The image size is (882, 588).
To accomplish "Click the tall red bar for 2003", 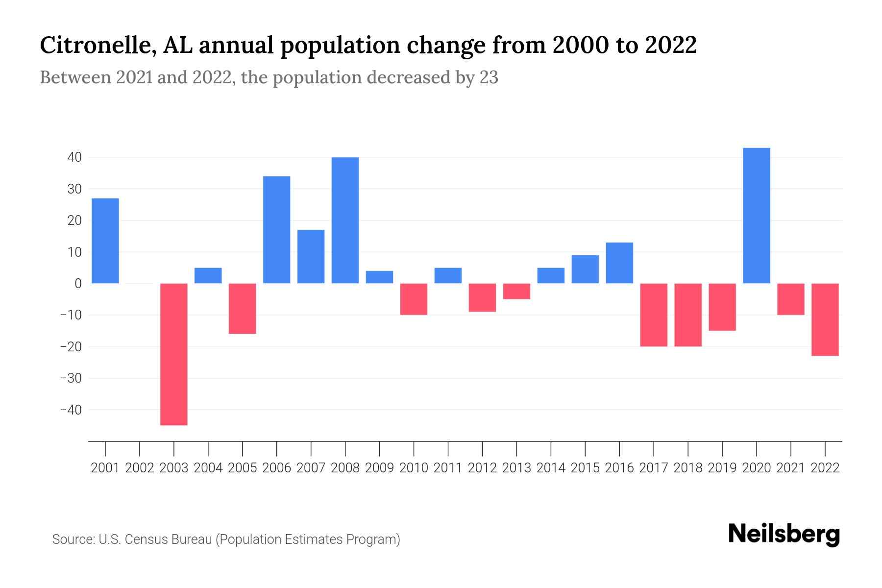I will pyautogui.click(x=174, y=354).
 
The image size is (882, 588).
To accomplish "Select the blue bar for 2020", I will pyautogui.click(x=757, y=216).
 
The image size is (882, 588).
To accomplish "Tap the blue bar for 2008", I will pyautogui.click(x=345, y=220).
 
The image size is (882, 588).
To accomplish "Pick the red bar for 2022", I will pyautogui.click(x=825, y=319).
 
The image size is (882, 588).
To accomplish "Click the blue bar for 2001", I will pyautogui.click(x=105, y=241).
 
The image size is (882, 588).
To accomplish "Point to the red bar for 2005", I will pyautogui.click(x=243, y=309).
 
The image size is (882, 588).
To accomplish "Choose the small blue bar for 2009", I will pyautogui.click(x=380, y=277).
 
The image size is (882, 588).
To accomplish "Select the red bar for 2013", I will pyautogui.click(x=516, y=291).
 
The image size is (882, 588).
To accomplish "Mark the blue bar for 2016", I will pyautogui.click(x=619, y=263).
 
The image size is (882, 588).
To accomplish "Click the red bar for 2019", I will pyautogui.click(x=722, y=307).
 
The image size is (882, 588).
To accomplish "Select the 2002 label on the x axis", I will pyautogui.click(x=140, y=468).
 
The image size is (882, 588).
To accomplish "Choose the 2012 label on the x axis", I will pyautogui.click(x=482, y=468).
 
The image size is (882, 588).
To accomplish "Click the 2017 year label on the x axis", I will pyautogui.click(x=654, y=468).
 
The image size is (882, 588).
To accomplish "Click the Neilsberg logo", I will pyautogui.click(x=784, y=534).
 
